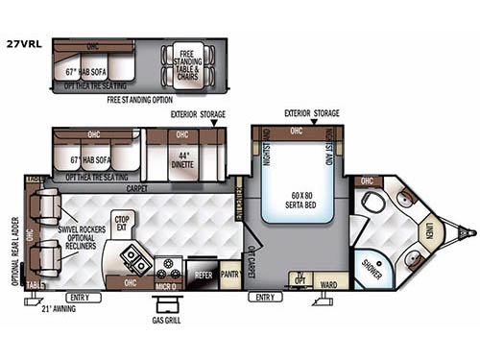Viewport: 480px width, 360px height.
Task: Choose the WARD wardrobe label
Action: [x=327, y=284]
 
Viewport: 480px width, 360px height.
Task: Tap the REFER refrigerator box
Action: [x=202, y=274]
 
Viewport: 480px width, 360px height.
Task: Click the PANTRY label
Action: [x=228, y=274]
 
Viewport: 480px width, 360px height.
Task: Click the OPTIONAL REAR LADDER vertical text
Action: [x=14, y=235]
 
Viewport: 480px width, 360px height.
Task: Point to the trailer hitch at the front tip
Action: [x=468, y=231]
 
